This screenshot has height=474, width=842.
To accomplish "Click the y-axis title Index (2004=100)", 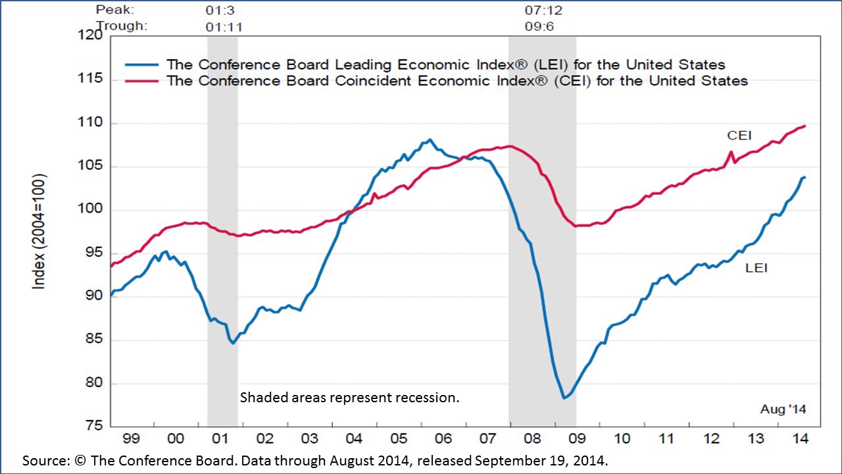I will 40,231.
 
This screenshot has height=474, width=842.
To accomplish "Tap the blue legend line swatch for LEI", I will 141,65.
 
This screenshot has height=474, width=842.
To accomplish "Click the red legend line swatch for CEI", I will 141,80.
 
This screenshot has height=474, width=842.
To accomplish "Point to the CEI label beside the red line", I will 739,136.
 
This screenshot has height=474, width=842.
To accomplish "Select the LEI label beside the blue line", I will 756,268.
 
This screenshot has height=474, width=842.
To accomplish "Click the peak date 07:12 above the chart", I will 543,11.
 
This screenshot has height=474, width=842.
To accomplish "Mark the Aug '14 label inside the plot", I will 783,409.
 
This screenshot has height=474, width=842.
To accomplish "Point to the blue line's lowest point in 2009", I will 564,398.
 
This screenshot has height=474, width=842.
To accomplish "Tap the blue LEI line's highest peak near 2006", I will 430,140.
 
